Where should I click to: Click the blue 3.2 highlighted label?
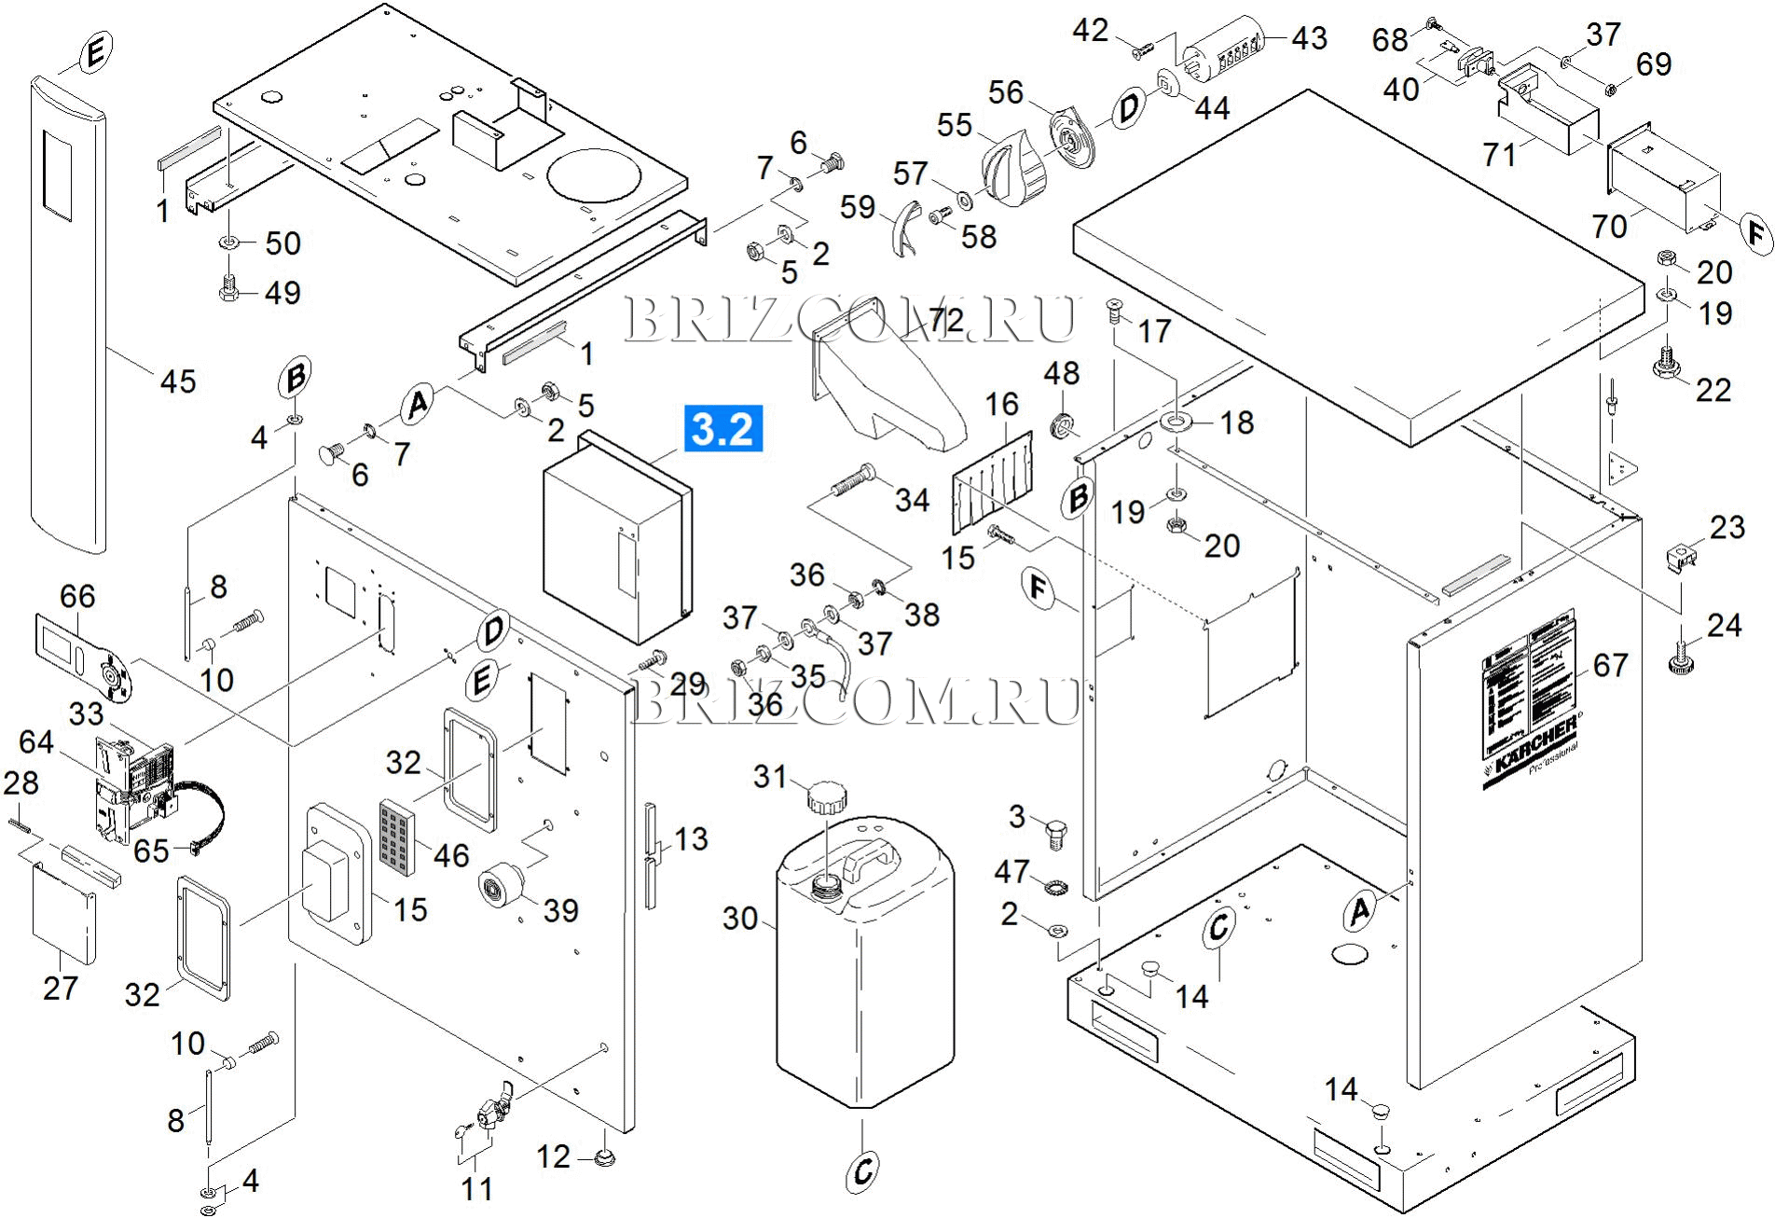click(x=723, y=428)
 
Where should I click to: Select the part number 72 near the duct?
click(x=946, y=321)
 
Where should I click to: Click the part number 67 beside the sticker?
click(x=1610, y=665)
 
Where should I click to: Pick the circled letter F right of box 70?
click(x=1758, y=232)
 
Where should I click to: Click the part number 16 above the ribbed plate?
click(x=1002, y=404)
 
